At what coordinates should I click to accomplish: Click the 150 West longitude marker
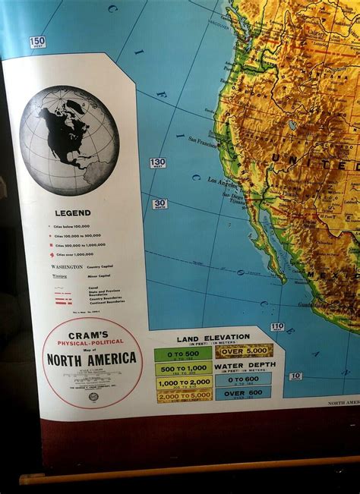click(x=37, y=42)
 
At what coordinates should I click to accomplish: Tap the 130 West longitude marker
click(x=157, y=163)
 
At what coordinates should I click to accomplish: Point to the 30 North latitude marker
click(x=159, y=203)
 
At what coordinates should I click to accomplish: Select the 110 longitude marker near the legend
click(x=277, y=327)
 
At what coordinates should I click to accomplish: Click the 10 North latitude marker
click(x=295, y=376)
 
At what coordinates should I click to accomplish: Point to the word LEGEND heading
click(x=72, y=213)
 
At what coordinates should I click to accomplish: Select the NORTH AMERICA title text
click(x=92, y=358)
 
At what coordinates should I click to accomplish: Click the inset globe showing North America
click(x=69, y=140)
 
